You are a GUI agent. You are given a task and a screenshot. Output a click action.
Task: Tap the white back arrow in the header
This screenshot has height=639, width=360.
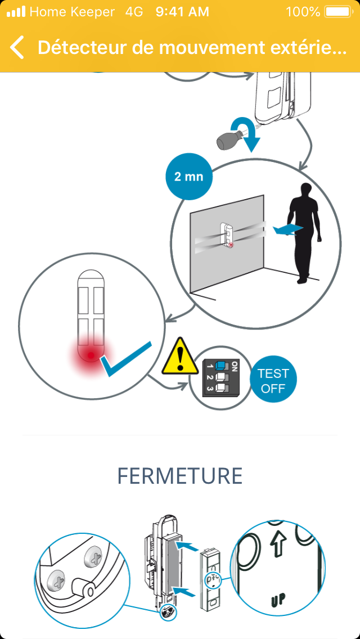(x=17, y=47)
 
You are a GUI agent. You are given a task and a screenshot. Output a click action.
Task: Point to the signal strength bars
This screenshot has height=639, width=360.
(x=16, y=12)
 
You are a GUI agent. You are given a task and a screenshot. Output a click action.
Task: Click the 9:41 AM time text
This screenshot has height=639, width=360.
(x=182, y=12)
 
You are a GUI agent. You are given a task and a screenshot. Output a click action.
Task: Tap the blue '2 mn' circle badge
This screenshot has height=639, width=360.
(x=189, y=177)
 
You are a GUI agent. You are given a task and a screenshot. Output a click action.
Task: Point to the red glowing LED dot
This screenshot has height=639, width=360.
(x=91, y=355)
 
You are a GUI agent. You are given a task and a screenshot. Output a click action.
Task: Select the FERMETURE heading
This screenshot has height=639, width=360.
(x=180, y=475)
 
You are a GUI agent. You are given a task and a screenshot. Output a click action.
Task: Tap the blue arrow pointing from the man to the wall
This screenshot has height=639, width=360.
(x=289, y=230)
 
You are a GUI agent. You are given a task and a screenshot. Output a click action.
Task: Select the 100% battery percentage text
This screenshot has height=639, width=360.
(x=303, y=12)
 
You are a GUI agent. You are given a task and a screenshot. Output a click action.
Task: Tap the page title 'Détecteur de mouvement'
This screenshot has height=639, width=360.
(x=148, y=48)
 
